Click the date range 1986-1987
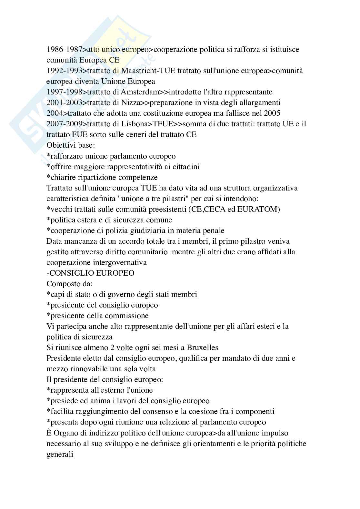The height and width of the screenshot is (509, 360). pyautogui.click(x=65, y=49)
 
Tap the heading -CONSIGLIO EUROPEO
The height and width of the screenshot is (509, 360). pyautogui.click(x=90, y=273)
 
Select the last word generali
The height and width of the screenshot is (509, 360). pyautogui.click(x=60, y=454)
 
